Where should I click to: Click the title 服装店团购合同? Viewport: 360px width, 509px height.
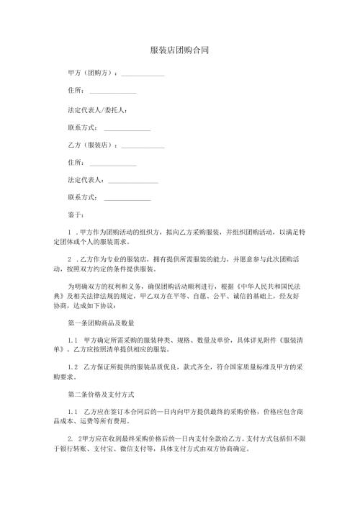coord(180,50)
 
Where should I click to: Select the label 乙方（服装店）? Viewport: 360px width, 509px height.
coord(91,144)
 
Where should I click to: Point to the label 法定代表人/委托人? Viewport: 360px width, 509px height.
coord(97,109)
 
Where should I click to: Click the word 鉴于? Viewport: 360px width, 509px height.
coord(74,215)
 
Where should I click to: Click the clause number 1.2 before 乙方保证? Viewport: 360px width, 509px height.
coord(71,367)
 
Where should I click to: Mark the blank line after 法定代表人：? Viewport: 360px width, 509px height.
coord(132,179)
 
